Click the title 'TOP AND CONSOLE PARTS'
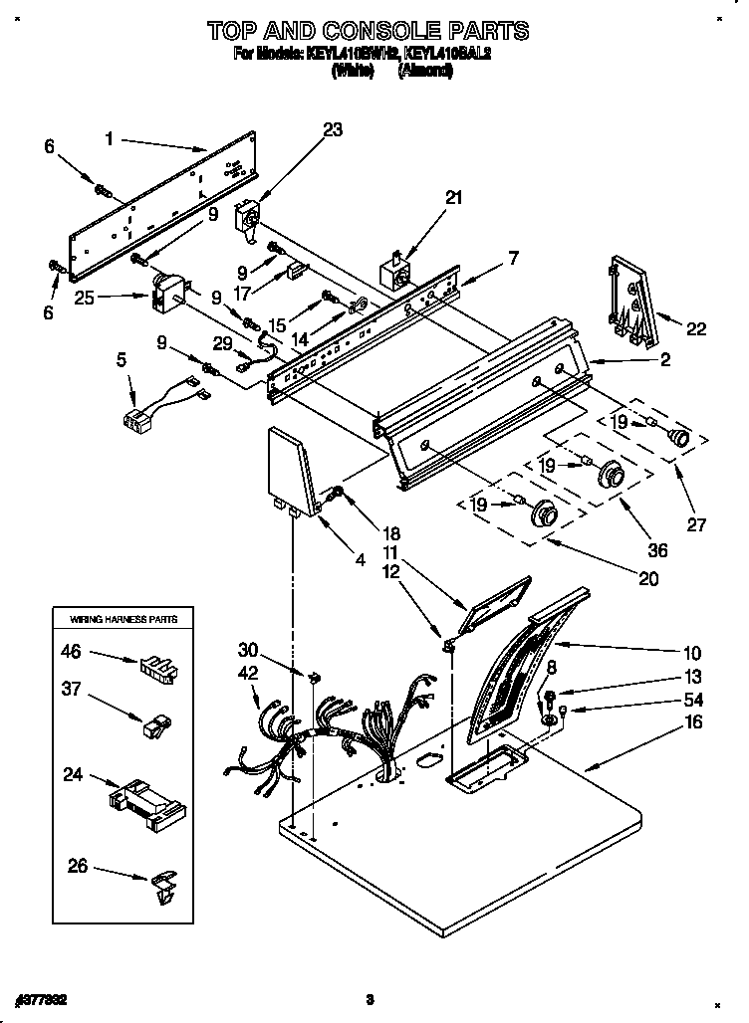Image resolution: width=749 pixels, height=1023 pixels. click(368, 30)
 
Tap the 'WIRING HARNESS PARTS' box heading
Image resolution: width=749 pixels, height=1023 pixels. click(123, 618)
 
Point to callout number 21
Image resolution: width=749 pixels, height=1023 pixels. click(453, 197)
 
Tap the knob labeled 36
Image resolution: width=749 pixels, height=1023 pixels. click(610, 477)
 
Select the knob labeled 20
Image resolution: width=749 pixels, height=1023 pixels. click(544, 513)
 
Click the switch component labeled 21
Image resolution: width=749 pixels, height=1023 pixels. click(396, 273)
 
